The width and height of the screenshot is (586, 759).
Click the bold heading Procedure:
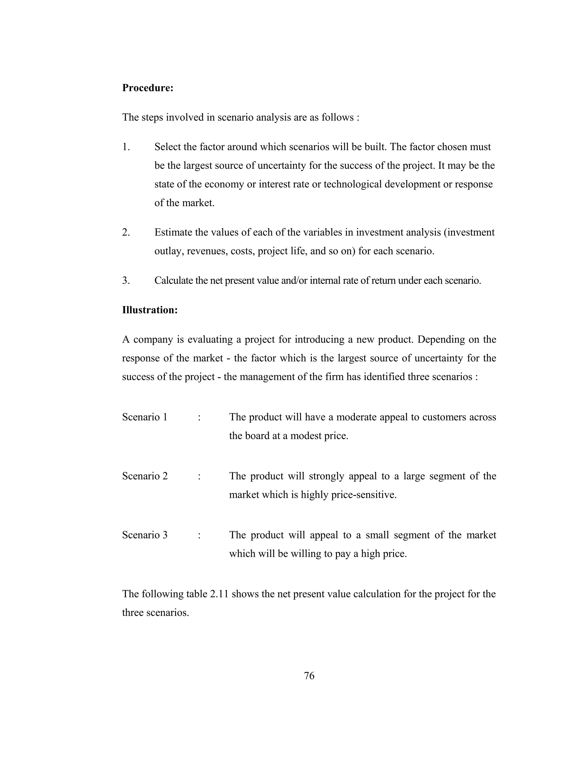pyautogui.click(x=148, y=88)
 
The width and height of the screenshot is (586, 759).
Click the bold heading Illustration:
pyautogui.click(x=150, y=310)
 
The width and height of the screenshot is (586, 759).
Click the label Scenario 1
pyautogui.click(x=145, y=417)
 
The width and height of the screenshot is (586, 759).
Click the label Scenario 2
pyautogui.click(x=145, y=476)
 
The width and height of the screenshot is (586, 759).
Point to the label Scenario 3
pyautogui.click(x=145, y=535)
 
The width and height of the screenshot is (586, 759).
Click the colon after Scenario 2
pyautogui.click(x=199, y=476)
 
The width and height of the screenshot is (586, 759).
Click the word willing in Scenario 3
pyautogui.click(x=306, y=554)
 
